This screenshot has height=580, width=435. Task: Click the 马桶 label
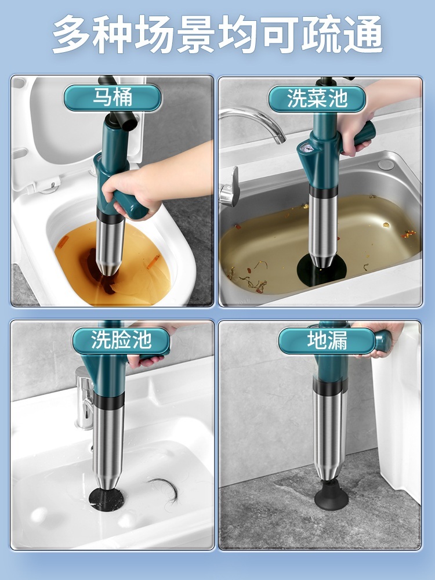pyautogui.click(x=113, y=97)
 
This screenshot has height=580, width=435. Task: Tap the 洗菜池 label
pyautogui.click(x=317, y=99)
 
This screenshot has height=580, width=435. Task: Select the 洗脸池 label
pyautogui.click(x=121, y=340)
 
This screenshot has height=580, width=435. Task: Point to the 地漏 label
pyautogui.click(x=327, y=340)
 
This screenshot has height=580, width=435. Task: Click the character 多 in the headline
pyautogui.click(x=72, y=34)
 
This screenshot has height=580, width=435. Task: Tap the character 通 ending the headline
pyautogui.click(x=362, y=34)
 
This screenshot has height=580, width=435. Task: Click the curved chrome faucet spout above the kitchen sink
pyautogui.click(x=255, y=122)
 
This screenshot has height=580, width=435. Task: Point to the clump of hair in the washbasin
pyautogui.click(x=164, y=489)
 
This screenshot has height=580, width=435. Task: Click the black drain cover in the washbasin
pyautogui.click(x=106, y=499)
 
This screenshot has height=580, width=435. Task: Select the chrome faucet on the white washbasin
pyautogui.click(x=84, y=398)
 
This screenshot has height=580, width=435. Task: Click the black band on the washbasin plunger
pyautogui.click(x=109, y=401)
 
